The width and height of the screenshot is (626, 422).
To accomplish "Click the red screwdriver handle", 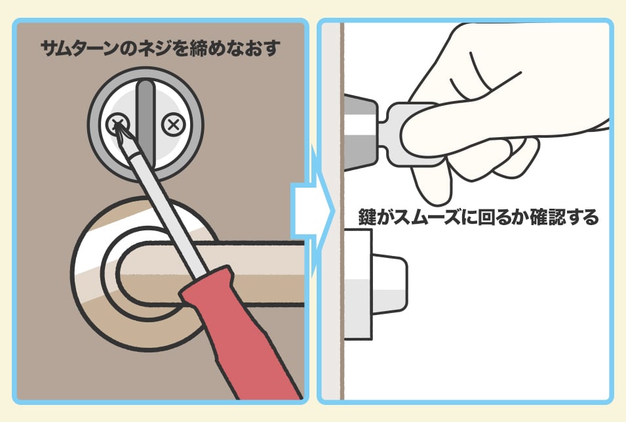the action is pyautogui.click(x=239, y=331).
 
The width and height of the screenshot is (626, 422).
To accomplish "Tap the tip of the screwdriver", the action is pyautogui.click(x=117, y=124).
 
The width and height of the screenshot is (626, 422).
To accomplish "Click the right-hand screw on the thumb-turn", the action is pyautogui.click(x=173, y=125).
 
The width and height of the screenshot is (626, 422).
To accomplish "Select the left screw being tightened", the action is pyautogui.click(x=117, y=124).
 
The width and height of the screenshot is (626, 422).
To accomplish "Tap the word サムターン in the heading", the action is pyautogui.click(x=80, y=48).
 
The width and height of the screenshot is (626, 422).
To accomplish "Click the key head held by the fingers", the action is pyautogui.click(x=403, y=133).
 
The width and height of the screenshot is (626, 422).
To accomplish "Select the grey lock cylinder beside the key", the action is pyautogui.click(x=360, y=133).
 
